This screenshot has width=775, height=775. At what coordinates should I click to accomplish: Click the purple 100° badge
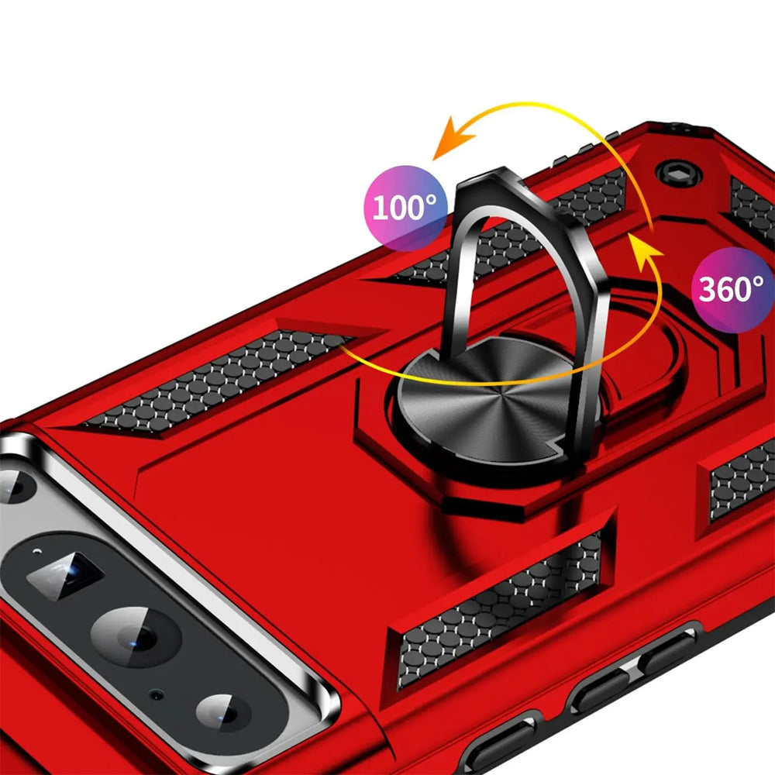(405, 208)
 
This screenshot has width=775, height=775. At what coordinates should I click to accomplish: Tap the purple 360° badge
(733, 290)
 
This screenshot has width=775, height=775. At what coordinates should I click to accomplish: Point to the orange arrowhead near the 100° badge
(453, 139)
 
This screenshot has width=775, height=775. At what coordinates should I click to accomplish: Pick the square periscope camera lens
(65, 575)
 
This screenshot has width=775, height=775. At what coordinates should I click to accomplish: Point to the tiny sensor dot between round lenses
(157, 695)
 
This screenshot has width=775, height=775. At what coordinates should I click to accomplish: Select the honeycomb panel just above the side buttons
(499, 611)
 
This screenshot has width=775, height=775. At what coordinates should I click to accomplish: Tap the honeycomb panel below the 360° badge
(742, 480)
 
